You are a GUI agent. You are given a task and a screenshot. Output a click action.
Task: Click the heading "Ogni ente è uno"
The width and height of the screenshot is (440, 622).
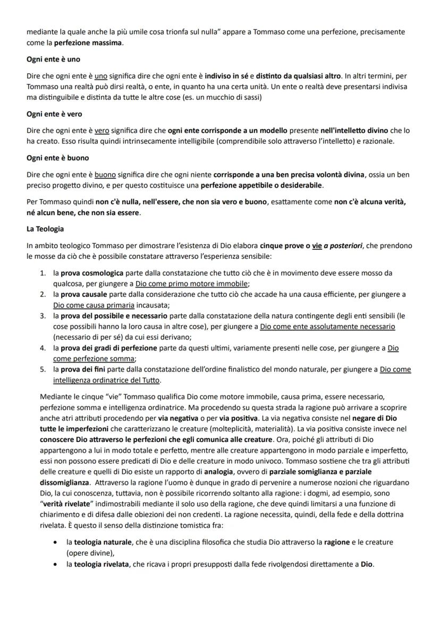point(53,59)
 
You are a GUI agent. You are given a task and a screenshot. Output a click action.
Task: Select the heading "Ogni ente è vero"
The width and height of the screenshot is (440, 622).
point(54,114)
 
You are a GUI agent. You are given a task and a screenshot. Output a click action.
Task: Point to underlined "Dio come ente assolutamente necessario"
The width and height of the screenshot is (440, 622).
point(327,326)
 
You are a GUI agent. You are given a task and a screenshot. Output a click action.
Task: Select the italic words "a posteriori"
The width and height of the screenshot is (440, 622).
point(344,245)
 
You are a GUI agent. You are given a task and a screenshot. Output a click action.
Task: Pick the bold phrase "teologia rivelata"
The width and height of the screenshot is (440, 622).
point(101,564)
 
